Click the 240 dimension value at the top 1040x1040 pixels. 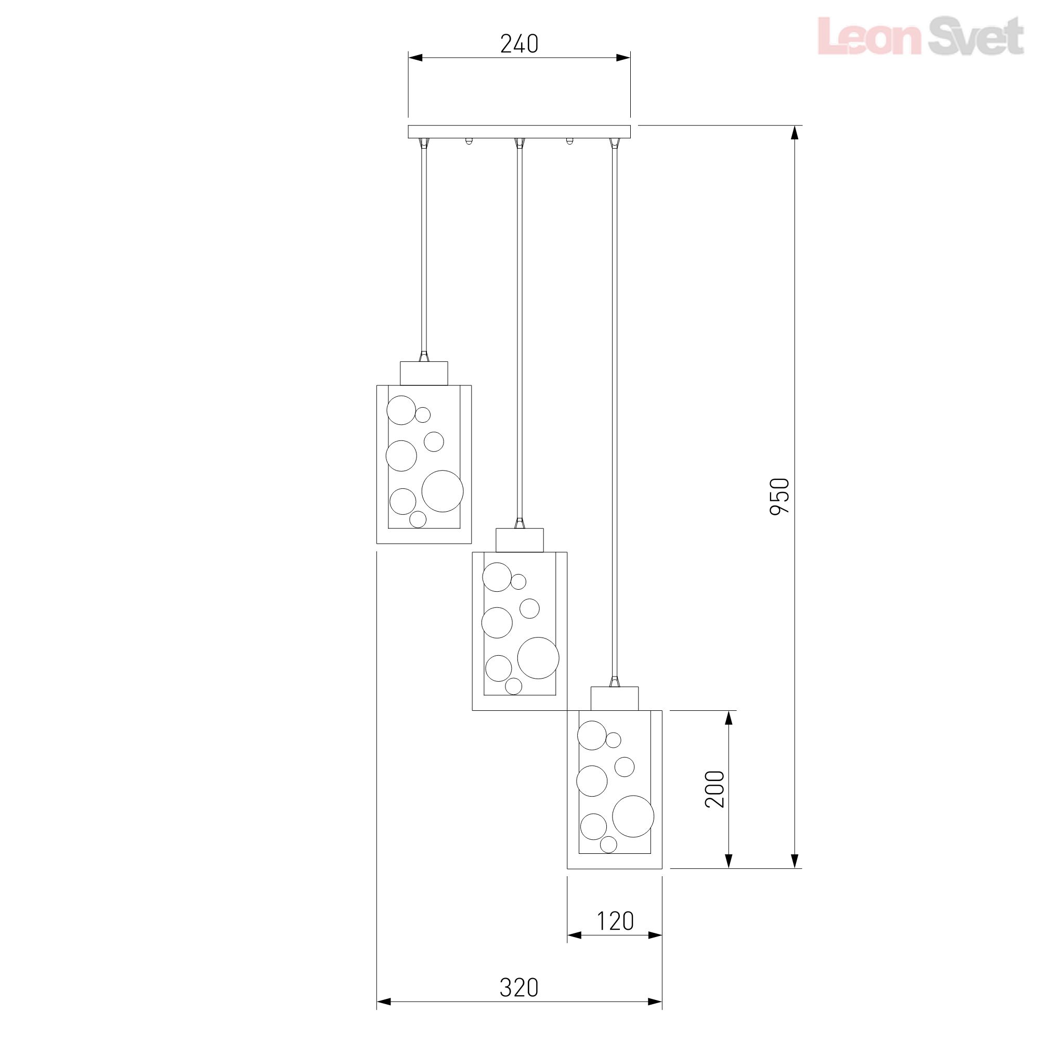click(x=519, y=44)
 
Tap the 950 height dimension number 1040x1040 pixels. click(x=779, y=496)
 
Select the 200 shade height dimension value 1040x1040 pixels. click(x=715, y=789)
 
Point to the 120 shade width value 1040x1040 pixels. click(x=615, y=921)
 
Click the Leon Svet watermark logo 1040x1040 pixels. click(x=920, y=35)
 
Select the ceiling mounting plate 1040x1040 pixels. click(x=519, y=132)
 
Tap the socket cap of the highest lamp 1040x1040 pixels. click(x=424, y=373)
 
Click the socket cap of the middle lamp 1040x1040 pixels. click(x=519, y=540)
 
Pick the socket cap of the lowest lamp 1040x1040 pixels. click(x=615, y=698)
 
